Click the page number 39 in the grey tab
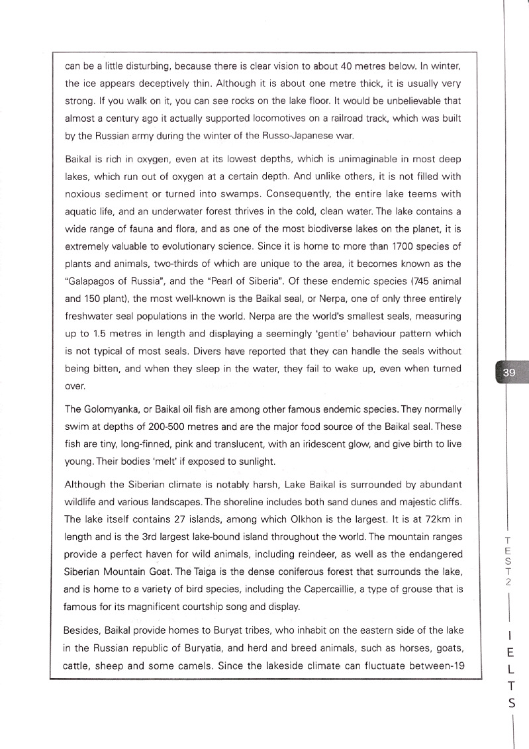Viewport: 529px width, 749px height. (x=508, y=373)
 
